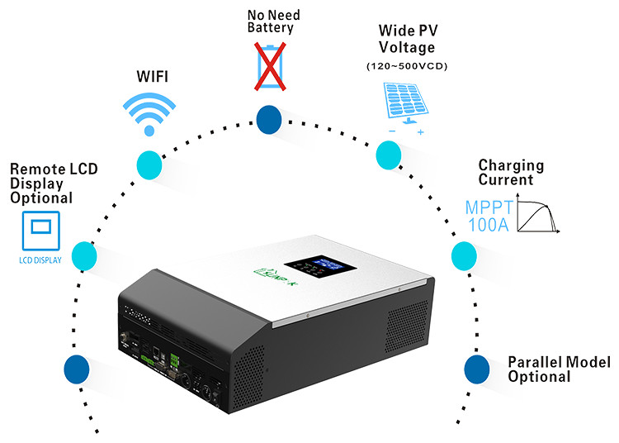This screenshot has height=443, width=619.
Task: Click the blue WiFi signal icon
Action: [149, 112]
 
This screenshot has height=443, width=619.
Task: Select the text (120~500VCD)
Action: [405, 65]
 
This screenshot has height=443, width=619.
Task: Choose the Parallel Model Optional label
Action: [559, 369]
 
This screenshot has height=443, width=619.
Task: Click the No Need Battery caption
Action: [270, 21]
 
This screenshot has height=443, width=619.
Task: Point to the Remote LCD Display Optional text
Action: [54, 183]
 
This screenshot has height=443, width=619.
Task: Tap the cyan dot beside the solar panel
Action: [387, 153]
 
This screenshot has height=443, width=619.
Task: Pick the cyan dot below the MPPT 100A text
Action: [463, 255]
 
